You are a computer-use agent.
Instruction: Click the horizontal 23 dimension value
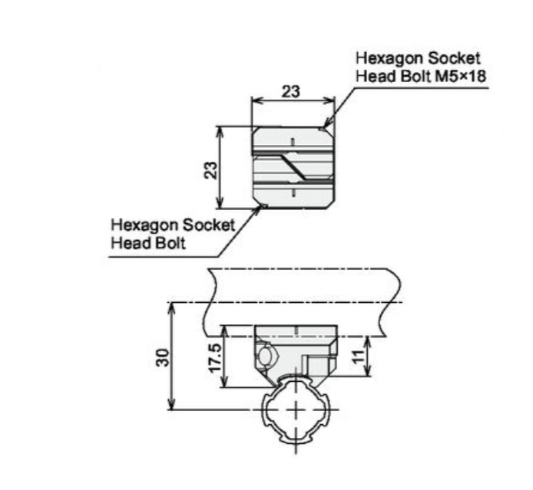[291, 91]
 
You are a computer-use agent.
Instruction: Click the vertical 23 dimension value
[210, 170]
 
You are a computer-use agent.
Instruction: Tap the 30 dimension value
[163, 357]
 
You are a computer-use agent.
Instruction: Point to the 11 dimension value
[357, 357]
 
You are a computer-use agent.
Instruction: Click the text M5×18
[461, 76]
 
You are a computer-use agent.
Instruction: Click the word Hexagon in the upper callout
[389, 58]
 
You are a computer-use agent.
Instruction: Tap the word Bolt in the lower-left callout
[170, 243]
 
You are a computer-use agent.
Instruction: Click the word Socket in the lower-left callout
[209, 225]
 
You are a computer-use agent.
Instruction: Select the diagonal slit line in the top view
[293, 167]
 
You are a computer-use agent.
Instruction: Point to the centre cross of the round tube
[296, 409]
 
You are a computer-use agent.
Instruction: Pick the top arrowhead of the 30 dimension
[172, 308]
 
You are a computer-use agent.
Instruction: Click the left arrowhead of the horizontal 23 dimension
[257, 100]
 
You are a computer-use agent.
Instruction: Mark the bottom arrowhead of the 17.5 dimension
[223, 381]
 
